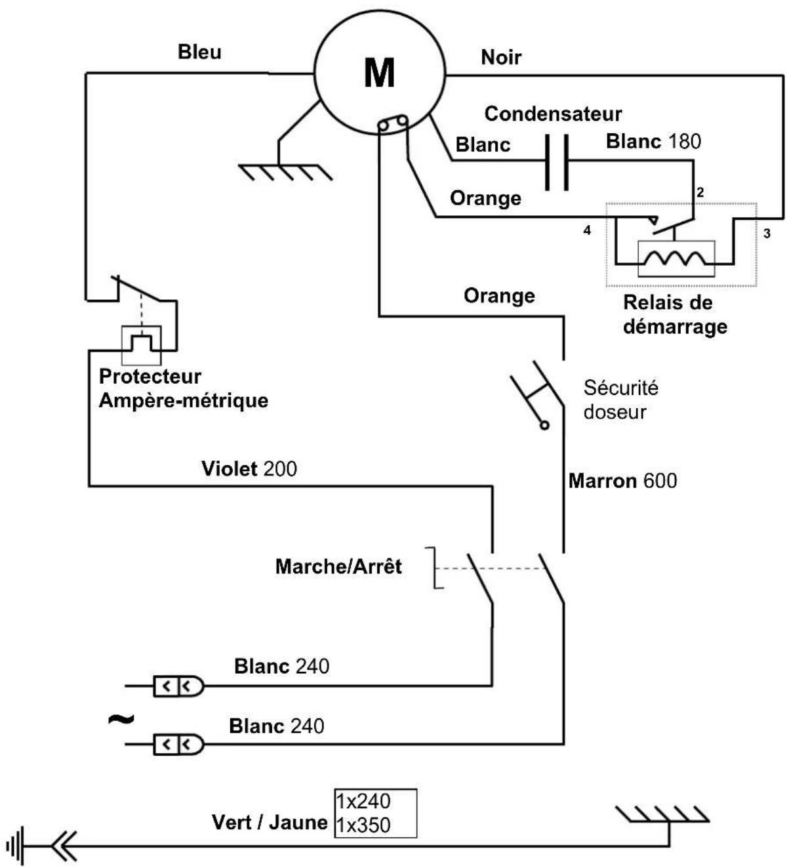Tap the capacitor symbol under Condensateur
(556, 162)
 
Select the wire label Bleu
(199, 52)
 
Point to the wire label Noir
(501, 57)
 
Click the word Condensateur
(553, 114)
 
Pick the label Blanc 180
(653, 142)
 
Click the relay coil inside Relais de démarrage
(676, 258)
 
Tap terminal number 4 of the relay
(586, 230)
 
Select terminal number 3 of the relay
(767, 234)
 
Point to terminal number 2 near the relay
(700, 192)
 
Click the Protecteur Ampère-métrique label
(184, 388)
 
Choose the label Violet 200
(249, 469)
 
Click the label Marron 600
(622, 481)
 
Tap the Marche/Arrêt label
(338, 566)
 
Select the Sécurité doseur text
(620, 400)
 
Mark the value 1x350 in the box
(363, 825)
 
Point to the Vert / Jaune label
(270, 822)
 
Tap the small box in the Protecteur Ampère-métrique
(142, 345)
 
